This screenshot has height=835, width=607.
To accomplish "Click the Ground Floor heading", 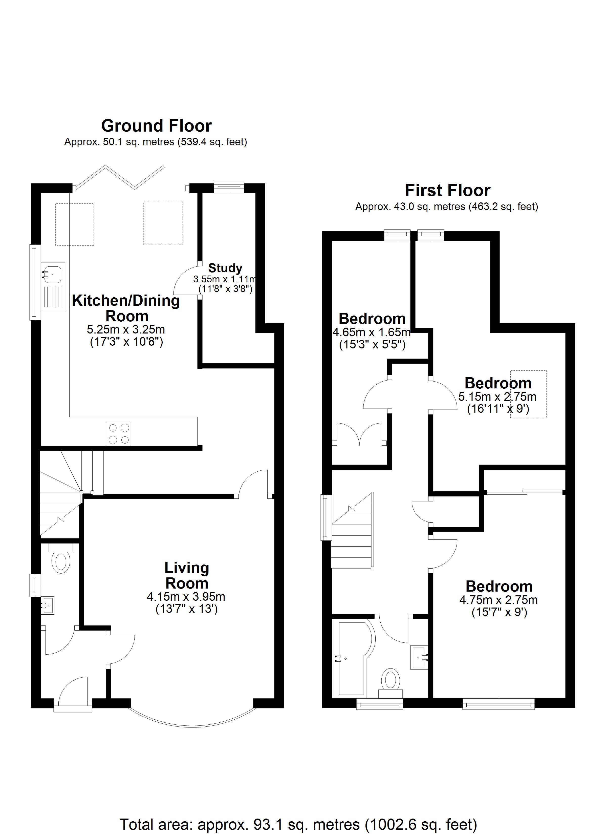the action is click(x=157, y=126).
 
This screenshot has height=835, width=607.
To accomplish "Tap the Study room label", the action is click(x=225, y=268).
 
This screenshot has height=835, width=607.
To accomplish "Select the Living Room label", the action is click(x=187, y=575).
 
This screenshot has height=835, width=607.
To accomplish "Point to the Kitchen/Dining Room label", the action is click(x=126, y=308).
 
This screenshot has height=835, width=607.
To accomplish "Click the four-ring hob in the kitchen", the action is click(x=119, y=433).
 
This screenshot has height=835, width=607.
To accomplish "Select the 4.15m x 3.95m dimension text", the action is click(x=186, y=596).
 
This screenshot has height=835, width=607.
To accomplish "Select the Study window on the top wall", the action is click(x=229, y=187).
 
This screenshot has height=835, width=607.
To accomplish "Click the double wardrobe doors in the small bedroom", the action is click(x=360, y=434).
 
